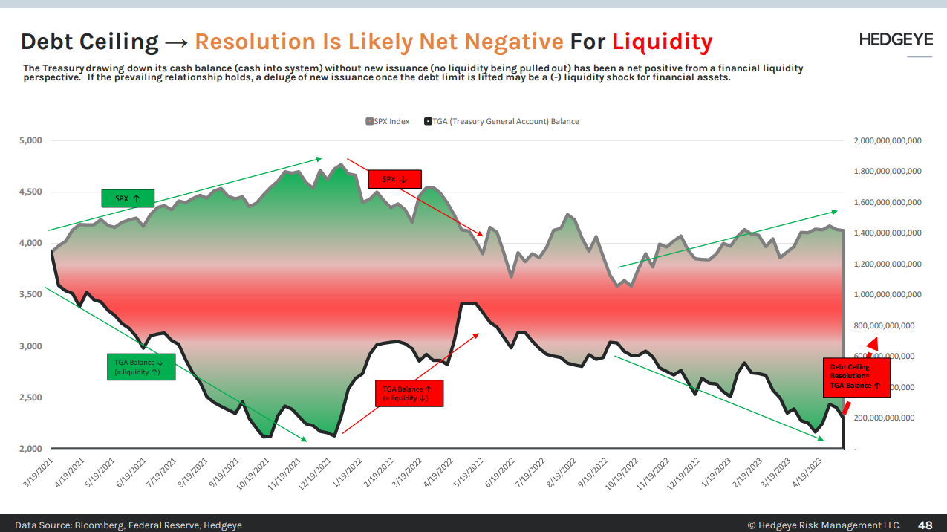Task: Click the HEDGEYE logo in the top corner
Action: click(x=895, y=39)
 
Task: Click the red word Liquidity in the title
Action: click(x=663, y=41)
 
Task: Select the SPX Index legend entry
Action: click(x=388, y=121)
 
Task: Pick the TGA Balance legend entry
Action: click(x=501, y=121)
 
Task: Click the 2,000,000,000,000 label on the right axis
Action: click(x=888, y=140)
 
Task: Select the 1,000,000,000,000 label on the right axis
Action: click(x=888, y=295)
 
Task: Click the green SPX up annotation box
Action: click(x=128, y=198)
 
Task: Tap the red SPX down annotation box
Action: click(x=394, y=179)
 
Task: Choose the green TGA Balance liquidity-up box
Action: click(x=140, y=367)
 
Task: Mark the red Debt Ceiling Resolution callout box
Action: click(x=855, y=376)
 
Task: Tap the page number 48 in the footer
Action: click(x=925, y=525)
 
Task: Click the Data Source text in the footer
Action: click(x=128, y=525)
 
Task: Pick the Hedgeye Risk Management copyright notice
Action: click(x=823, y=525)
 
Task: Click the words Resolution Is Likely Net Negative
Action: click(x=379, y=41)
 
